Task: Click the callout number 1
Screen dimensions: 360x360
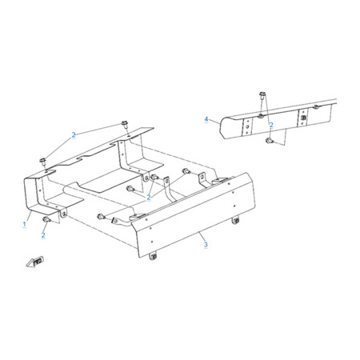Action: [x=25, y=224]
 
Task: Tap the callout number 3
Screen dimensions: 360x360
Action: [x=206, y=244]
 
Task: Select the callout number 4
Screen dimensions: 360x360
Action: [x=206, y=119]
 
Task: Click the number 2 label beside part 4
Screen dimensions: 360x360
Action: [x=271, y=125]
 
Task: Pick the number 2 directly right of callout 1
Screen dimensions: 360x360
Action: [x=43, y=235]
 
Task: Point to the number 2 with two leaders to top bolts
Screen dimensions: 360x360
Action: [x=74, y=135]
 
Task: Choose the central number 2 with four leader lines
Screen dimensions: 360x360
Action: [x=149, y=198]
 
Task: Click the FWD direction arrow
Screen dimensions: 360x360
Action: [x=35, y=262]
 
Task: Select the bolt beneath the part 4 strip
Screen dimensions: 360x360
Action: [x=269, y=141]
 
